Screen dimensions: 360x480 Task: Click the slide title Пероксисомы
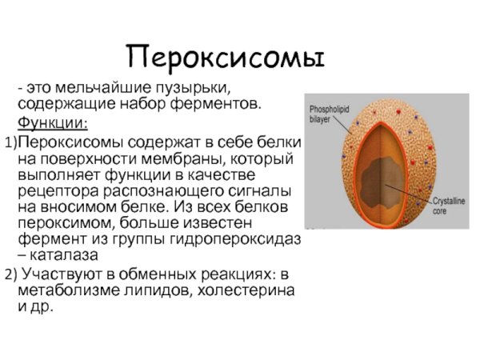tap(226, 56)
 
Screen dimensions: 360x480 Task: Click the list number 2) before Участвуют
tap(10, 274)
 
